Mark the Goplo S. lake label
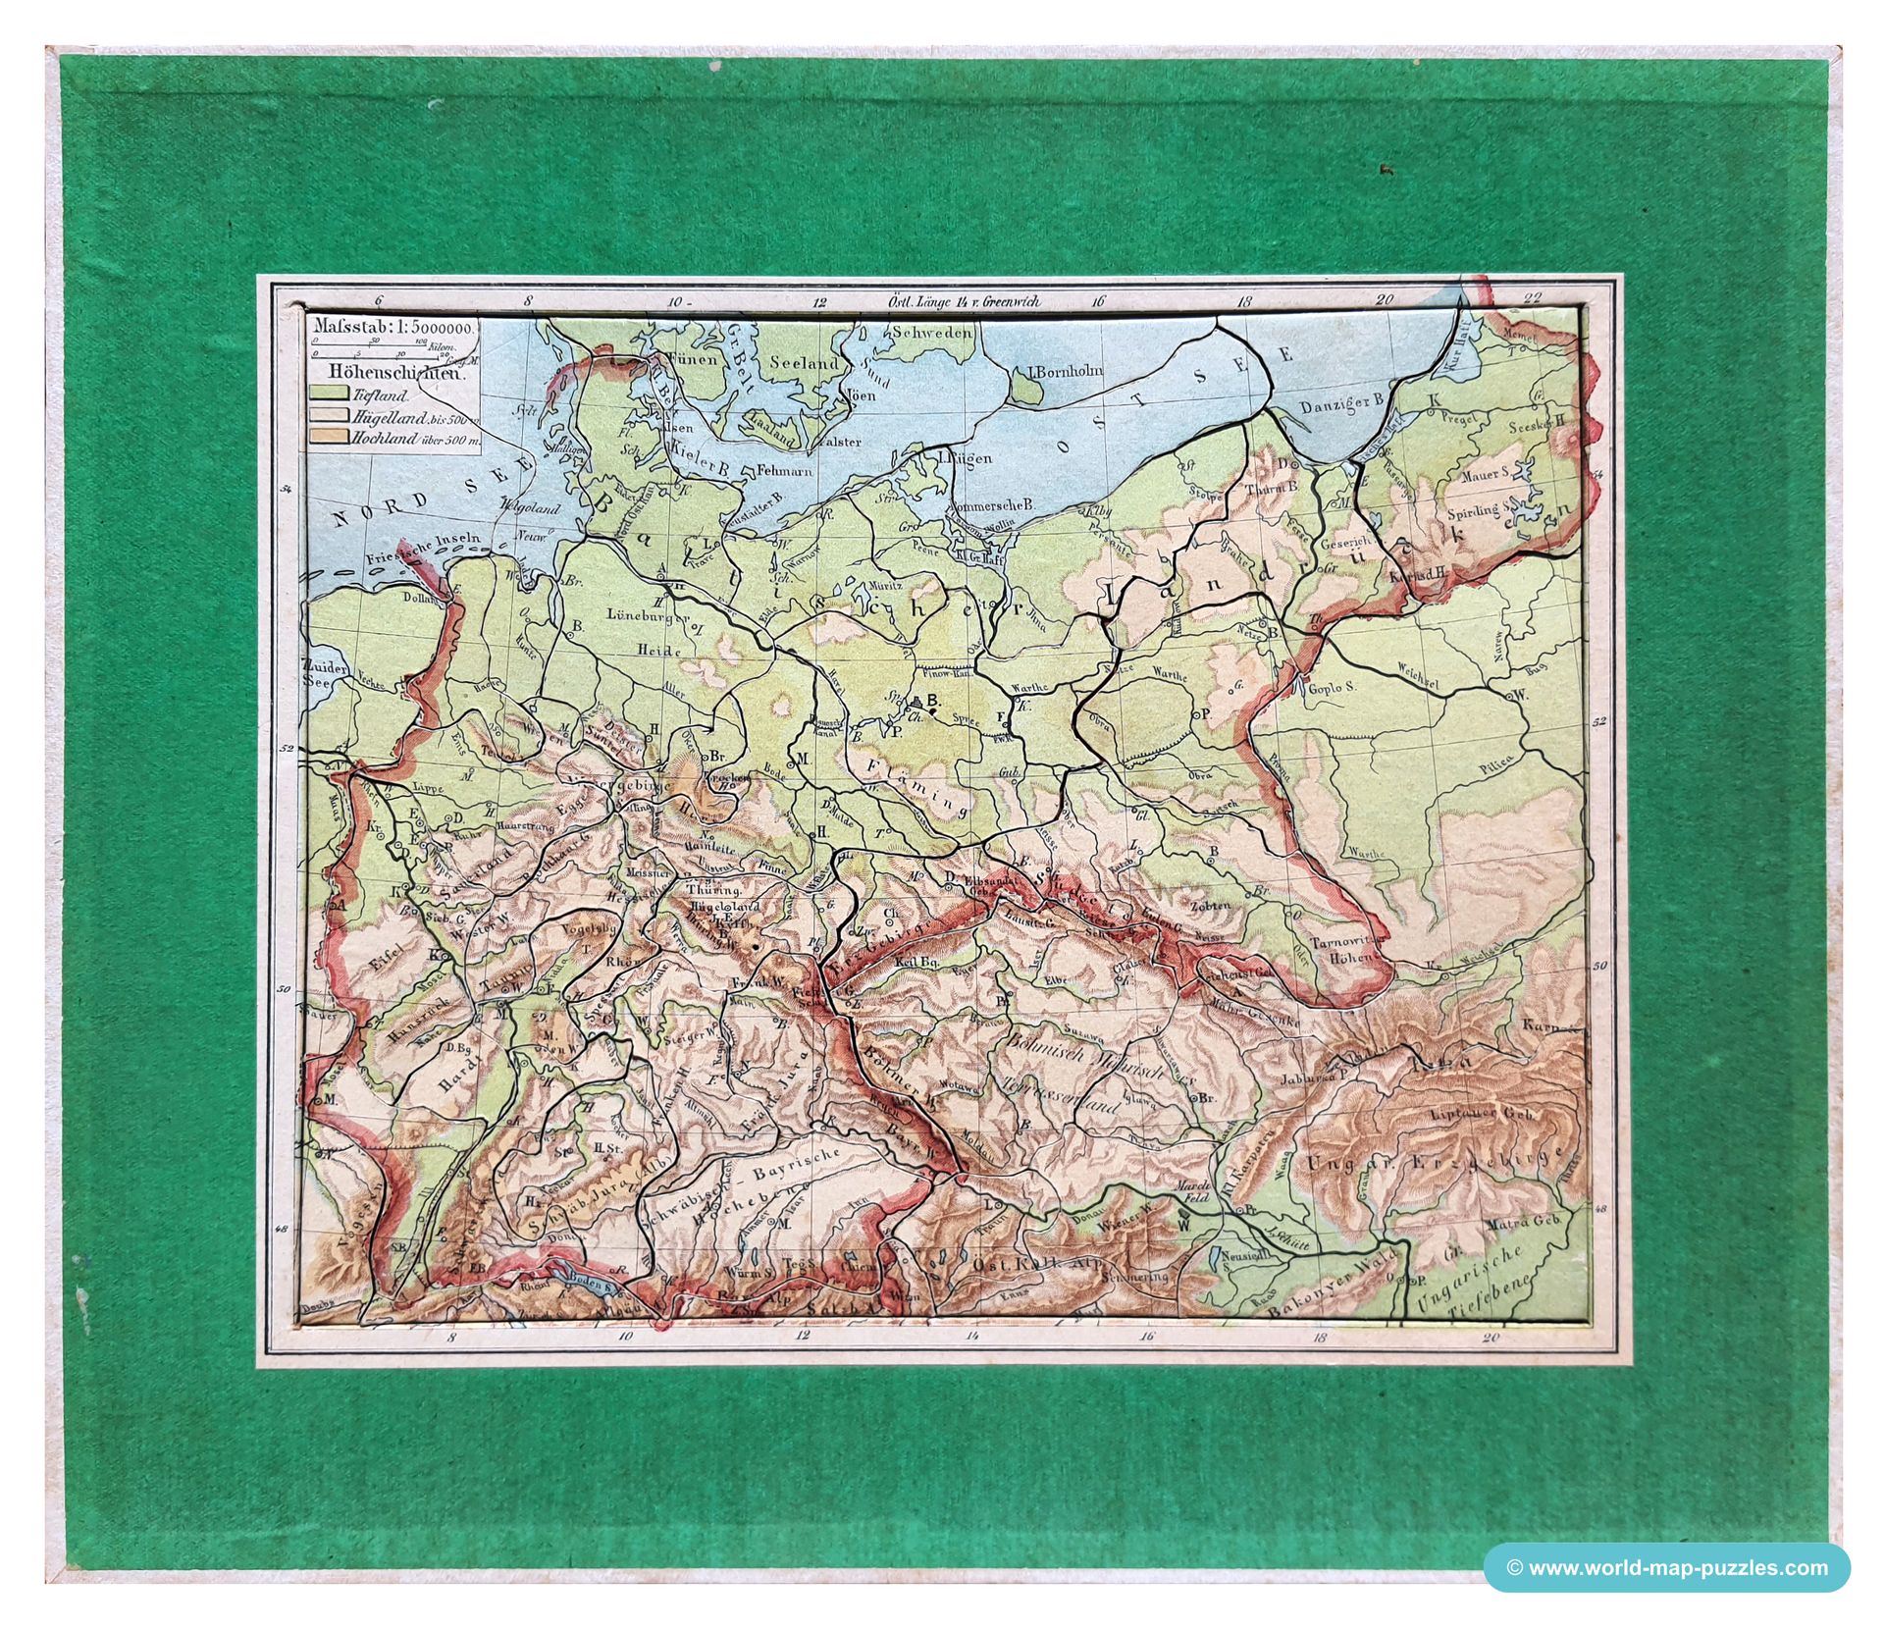tap(1334, 688)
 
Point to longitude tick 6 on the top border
tap(380, 302)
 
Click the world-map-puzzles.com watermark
tap(1666, 1567)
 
